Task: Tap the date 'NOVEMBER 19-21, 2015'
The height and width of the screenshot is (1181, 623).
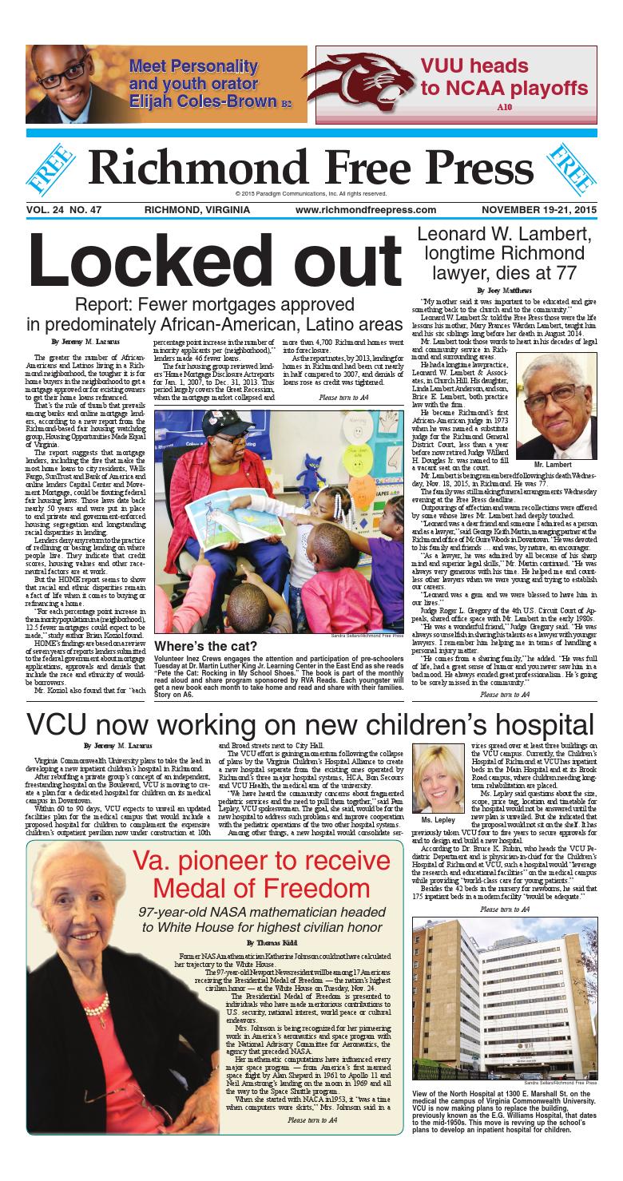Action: point(537,209)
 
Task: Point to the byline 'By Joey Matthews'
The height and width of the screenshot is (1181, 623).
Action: point(496,290)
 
